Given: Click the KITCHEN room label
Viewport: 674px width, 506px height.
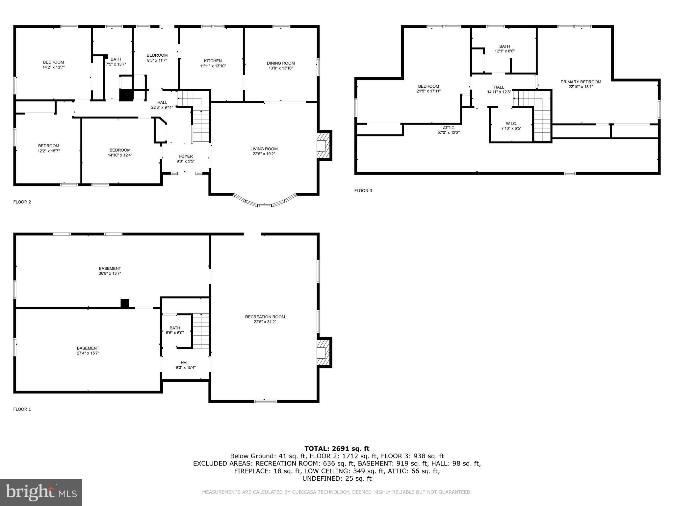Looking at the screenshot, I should click(x=213, y=61).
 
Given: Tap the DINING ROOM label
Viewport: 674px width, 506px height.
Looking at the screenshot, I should click(x=281, y=63).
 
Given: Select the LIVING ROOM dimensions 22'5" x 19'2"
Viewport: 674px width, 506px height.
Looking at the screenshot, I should click(x=264, y=154).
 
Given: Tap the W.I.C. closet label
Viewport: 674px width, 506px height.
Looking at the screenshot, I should click(x=511, y=124).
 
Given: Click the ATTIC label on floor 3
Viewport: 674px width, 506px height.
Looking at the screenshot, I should click(x=449, y=128).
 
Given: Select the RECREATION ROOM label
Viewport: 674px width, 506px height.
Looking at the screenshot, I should click(x=265, y=317).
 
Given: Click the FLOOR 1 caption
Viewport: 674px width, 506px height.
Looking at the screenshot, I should click(x=22, y=409).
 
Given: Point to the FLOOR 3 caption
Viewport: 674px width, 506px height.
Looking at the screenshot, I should click(x=363, y=191).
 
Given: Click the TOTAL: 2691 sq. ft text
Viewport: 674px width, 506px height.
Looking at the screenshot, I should click(x=337, y=448).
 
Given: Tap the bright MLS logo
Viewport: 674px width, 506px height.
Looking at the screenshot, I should click(x=41, y=492).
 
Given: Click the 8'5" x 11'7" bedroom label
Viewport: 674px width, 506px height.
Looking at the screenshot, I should click(x=157, y=58).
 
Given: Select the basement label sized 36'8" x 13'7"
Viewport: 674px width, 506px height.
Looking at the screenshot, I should click(x=110, y=271).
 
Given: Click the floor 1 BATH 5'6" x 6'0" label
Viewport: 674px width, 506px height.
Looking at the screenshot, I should click(x=175, y=330).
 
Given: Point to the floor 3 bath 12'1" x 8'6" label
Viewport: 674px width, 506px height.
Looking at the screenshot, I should click(x=505, y=49).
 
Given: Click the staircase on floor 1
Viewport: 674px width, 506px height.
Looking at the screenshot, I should click(x=201, y=331).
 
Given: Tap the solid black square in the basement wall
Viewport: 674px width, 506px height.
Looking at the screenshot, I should click(x=125, y=303).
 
